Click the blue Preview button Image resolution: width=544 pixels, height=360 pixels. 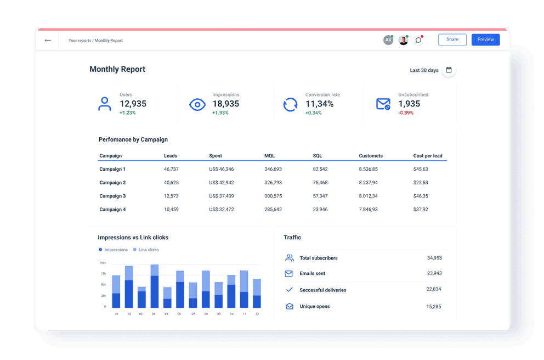pos(485,40)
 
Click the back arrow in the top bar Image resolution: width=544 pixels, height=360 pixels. pos(48,40)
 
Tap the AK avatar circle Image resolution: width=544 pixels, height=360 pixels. pos(388,40)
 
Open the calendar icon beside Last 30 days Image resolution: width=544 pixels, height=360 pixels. pos(449,70)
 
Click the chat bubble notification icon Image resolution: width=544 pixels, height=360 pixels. pos(418,40)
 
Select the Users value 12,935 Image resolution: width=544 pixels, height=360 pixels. pos(133,104)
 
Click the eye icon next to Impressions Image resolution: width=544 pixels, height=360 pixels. pos(197,104)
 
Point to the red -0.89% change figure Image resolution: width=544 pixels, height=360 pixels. pos(406,113)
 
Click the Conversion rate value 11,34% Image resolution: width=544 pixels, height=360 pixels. pos(319,104)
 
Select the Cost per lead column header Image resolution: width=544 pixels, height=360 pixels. pos(428,156)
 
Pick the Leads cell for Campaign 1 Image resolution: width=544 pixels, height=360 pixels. pos(171,170)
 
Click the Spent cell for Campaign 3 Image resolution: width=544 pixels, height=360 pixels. pos(222,196)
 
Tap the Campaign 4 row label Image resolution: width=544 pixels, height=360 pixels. pos(112,210)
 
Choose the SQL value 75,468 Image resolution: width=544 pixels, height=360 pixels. pos(320,183)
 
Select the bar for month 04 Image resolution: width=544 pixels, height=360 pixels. pos(154,286)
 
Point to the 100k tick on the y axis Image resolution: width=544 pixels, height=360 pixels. pos(103,263)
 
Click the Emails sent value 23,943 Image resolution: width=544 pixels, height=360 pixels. pos(434,273)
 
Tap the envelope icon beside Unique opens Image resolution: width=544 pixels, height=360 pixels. pos(290,306)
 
